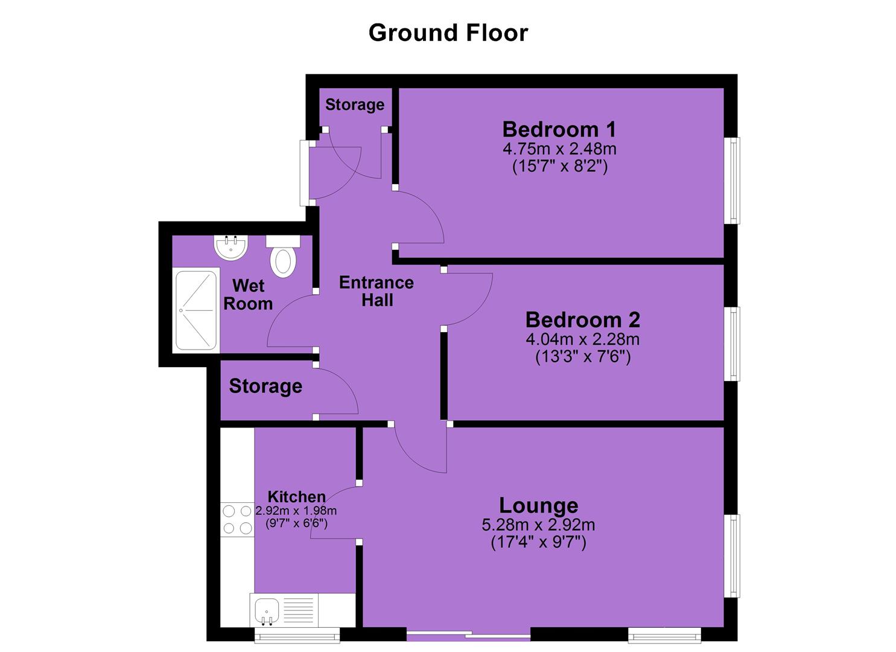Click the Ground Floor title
(x=448, y=33)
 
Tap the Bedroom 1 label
(x=559, y=129)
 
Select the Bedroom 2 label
(x=582, y=320)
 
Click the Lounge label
(x=538, y=505)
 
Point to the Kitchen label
(x=296, y=497)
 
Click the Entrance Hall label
(x=377, y=292)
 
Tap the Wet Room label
(x=248, y=295)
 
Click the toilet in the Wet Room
(x=283, y=256)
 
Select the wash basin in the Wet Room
(x=231, y=248)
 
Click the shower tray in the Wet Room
(x=196, y=310)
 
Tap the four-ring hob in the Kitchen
(x=237, y=520)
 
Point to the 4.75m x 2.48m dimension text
(x=559, y=149)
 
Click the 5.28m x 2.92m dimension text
(x=538, y=525)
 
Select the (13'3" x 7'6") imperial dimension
(x=583, y=356)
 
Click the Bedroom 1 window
(x=732, y=181)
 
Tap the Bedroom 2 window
(x=732, y=344)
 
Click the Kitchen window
(x=297, y=635)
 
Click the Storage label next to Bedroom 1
(x=355, y=105)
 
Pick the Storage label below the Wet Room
(x=265, y=386)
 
